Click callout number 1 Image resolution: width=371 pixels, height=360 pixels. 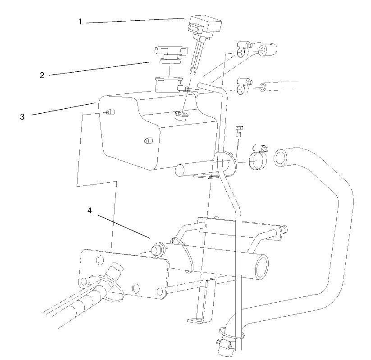point(80,22)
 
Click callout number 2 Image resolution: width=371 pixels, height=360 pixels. point(42,75)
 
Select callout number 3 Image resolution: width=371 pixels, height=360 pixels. point(22,116)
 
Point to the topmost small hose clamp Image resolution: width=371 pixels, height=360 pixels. point(243,48)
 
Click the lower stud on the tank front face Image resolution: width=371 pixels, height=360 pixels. point(147,141)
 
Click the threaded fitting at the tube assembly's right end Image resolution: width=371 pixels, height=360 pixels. point(285,230)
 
